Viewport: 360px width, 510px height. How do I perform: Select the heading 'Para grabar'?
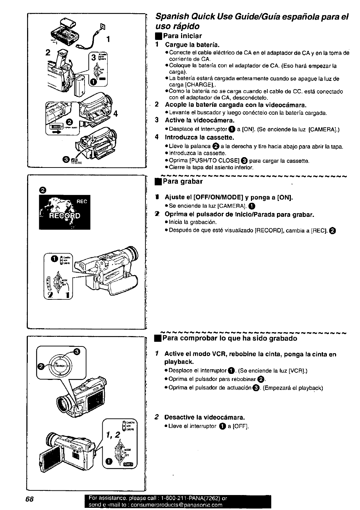[182, 181]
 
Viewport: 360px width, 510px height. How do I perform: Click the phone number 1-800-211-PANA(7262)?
[189, 498]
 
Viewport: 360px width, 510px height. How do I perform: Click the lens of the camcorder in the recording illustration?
[132, 253]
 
